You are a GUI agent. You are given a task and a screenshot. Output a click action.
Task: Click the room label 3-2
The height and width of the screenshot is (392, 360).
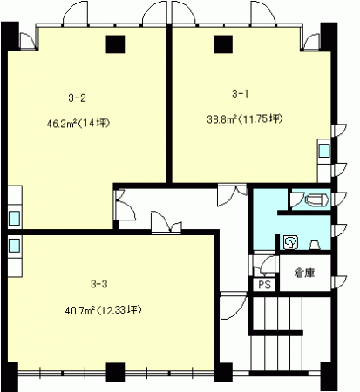click(77, 98)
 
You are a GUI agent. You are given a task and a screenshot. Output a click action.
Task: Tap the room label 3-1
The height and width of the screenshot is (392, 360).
click(241, 94)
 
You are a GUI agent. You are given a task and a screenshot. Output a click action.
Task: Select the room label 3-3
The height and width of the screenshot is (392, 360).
click(99, 284)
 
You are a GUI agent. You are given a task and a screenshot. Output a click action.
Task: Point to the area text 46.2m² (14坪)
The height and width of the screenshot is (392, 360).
click(78, 124)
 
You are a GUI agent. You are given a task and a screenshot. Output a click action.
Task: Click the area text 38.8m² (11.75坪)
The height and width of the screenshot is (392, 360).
click(245, 119)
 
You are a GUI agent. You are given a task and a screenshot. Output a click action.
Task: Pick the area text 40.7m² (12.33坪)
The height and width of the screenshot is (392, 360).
click(103, 311)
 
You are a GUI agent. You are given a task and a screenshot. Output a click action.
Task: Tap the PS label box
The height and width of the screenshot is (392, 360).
click(264, 285)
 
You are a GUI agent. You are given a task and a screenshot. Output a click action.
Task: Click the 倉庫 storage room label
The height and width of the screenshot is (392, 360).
click(304, 273)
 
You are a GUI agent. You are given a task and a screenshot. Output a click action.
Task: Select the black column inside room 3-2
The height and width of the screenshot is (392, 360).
click(115, 44)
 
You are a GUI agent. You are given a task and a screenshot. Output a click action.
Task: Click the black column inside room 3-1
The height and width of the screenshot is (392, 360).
click(223, 44)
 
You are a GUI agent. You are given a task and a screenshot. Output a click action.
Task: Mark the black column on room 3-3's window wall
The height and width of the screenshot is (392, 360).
click(115, 372)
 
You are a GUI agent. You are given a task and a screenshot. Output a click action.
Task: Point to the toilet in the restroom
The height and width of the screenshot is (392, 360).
click(317, 200)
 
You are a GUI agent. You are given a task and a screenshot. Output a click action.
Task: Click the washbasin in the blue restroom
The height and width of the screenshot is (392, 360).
click(291, 242)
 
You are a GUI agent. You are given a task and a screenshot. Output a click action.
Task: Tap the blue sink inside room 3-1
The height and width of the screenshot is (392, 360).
click(324, 151)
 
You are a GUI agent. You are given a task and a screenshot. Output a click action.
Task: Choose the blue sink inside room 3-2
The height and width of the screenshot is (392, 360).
click(14, 219)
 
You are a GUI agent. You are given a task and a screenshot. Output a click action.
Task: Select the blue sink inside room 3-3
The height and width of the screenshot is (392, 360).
click(14, 246)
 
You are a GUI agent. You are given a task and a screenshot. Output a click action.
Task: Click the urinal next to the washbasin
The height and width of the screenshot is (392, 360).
click(315, 246)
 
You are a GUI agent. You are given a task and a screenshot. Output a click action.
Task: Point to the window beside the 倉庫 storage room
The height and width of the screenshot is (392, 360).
click(339, 282)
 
